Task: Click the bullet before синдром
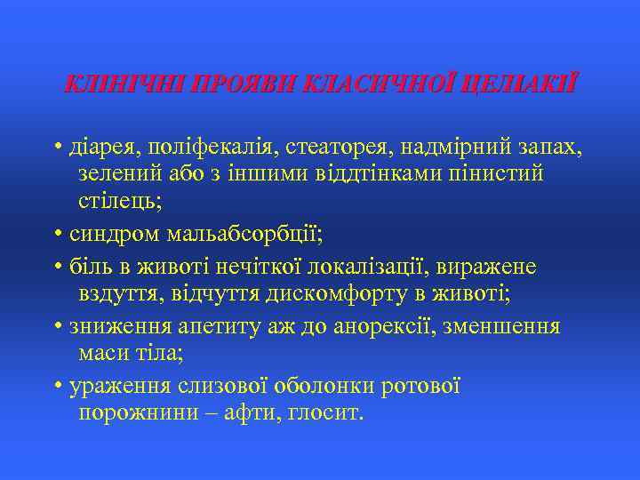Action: (58, 235)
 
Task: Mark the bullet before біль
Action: (58, 266)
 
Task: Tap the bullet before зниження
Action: (58, 326)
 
